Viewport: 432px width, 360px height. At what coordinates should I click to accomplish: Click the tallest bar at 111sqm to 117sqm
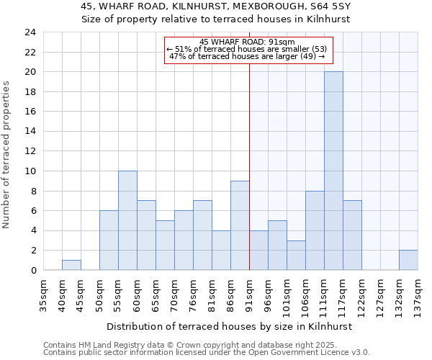pos(333,171)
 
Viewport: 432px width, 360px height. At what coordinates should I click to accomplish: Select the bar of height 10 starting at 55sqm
pos(127,220)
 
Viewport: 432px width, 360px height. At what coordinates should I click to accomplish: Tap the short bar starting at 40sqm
pos(71,265)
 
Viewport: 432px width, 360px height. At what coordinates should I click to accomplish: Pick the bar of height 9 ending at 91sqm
pos(240,225)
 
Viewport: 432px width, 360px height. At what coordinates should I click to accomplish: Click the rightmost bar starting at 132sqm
pos(408,260)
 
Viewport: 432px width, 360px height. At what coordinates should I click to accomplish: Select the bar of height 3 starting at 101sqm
pos(296,255)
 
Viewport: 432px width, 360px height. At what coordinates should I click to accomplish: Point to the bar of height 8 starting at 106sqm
pos(315,230)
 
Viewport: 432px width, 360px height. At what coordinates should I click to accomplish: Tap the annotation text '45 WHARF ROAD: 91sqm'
pos(248,42)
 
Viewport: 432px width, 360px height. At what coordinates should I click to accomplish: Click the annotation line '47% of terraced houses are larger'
pos(248,57)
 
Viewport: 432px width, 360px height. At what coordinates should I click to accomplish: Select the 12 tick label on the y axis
pos(30,151)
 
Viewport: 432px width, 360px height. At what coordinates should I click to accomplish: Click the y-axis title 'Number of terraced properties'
pos(6,154)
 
